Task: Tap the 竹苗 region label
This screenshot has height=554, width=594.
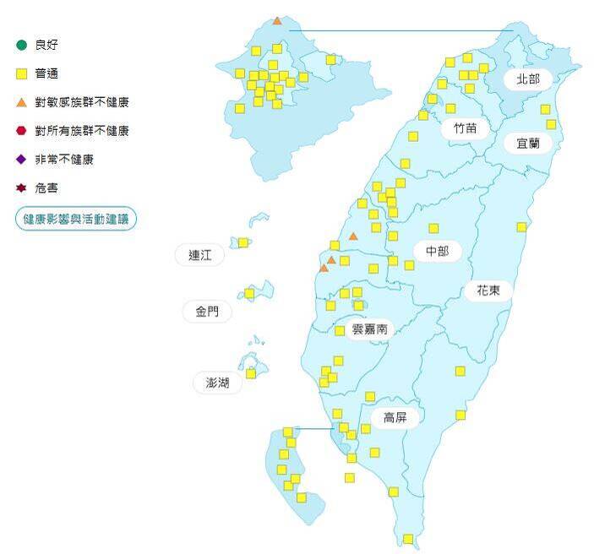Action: pos(465,128)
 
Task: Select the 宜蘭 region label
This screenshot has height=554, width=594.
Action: pos(528,143)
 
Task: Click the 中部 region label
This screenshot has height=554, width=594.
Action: pos(438,251)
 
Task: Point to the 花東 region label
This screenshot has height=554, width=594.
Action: pos(488,291)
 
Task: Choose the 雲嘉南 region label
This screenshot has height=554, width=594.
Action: pos(369,329)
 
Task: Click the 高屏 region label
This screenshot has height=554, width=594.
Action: pos(395,417)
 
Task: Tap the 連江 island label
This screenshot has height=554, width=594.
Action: pos(200,255)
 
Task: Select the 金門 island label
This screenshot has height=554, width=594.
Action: pos(207,312)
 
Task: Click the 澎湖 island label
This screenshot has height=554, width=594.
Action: pos(211,383)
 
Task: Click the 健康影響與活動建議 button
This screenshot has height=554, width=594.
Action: pos(76,219)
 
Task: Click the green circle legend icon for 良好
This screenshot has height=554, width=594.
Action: pos(22,45)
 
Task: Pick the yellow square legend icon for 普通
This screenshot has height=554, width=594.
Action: pos(22,73)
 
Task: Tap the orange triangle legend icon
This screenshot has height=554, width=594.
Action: pos(22,102)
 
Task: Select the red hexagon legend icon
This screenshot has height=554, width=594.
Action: pos(22,131)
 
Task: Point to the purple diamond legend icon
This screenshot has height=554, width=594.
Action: pos(22,160)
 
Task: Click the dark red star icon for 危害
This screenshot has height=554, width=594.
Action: pos(22,188)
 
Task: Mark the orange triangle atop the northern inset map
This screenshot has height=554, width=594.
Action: pos(277,19)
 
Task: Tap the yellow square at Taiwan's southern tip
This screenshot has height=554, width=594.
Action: pos(408,539)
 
